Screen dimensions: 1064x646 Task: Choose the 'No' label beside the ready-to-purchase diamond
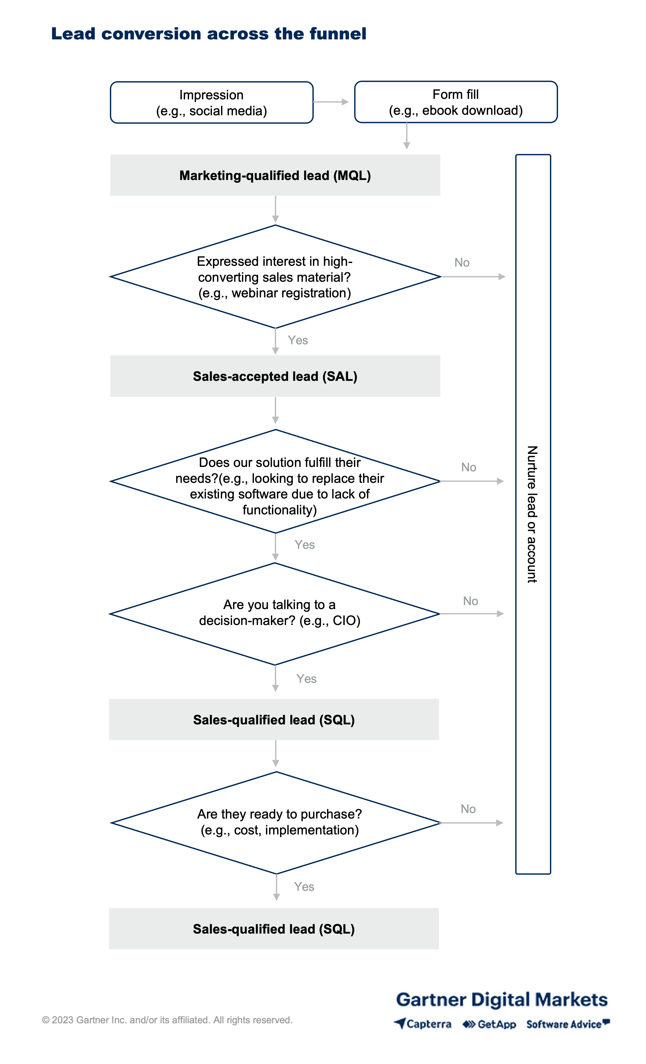(x=468, y=809)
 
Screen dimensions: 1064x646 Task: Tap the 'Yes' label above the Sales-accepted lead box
(x=298, y=340)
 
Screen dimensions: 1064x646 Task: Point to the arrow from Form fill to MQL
(x=407, y=136)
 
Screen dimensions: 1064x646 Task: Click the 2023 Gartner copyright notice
(x=167, y=1020)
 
